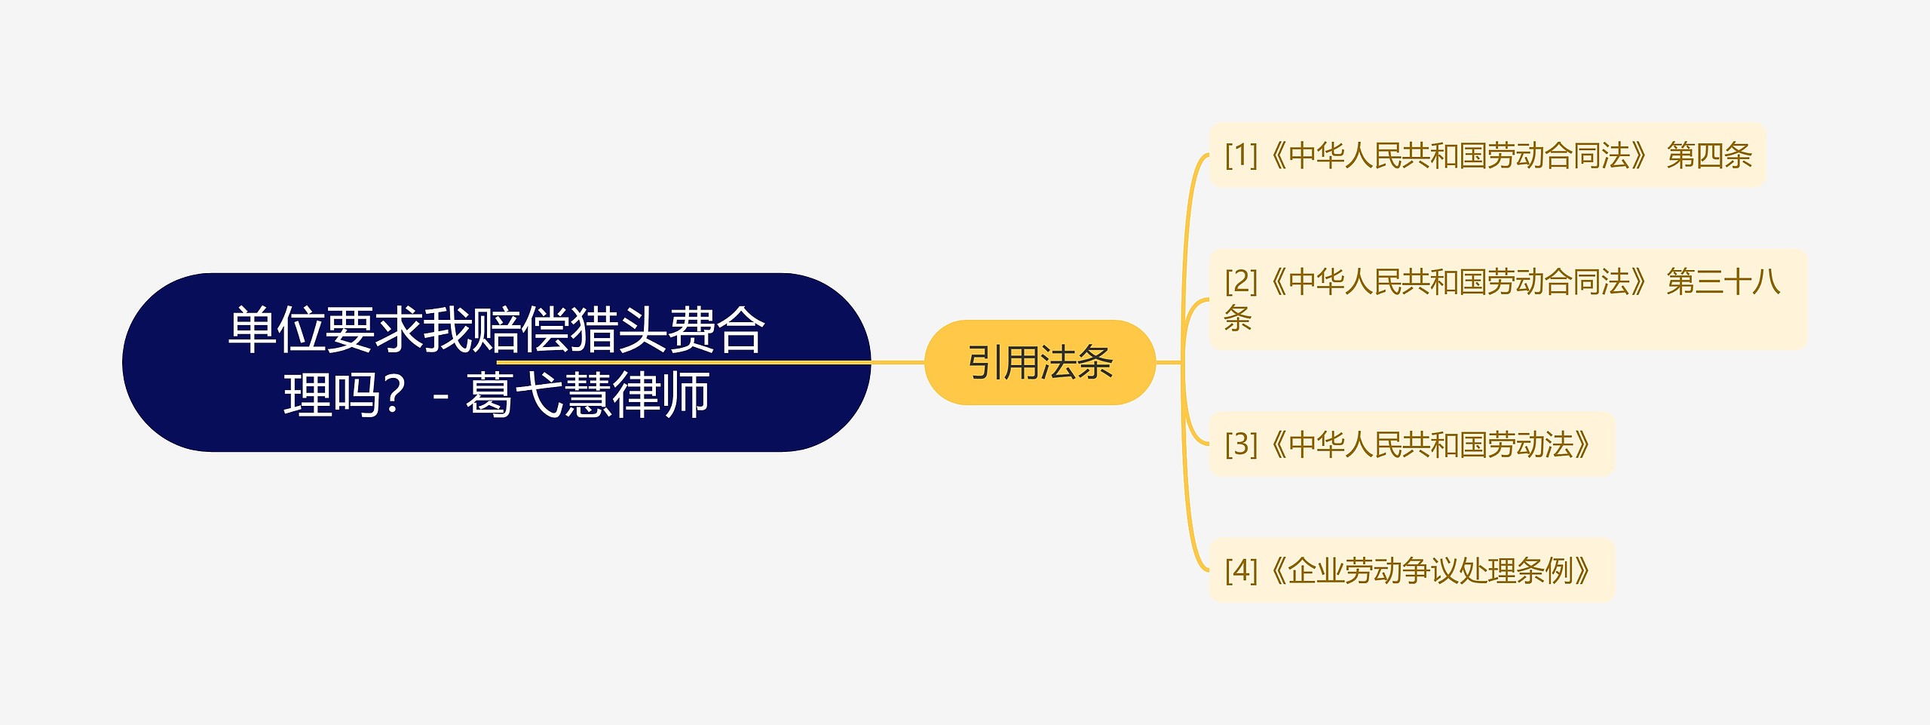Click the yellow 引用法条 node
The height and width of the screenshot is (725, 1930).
pos(1040,362)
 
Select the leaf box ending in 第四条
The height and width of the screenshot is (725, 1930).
pos(1487,155)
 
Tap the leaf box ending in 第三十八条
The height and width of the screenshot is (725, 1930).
pos(1508,300)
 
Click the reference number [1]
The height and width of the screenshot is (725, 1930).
pos(1241,155)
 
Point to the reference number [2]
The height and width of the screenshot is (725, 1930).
pos(1241,281)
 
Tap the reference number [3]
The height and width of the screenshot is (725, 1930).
pos(1241,444)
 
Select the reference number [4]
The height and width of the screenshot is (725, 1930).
pos(1241,570)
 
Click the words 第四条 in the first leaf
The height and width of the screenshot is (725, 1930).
pos(1709,155)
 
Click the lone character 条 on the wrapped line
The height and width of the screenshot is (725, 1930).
pos(1238,318)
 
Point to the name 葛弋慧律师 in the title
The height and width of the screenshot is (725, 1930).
pos(587,395)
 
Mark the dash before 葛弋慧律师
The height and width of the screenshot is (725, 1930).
pos(442,396)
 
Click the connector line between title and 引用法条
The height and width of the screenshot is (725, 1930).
pos(898,362)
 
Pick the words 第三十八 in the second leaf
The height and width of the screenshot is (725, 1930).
pos(1723,281)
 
